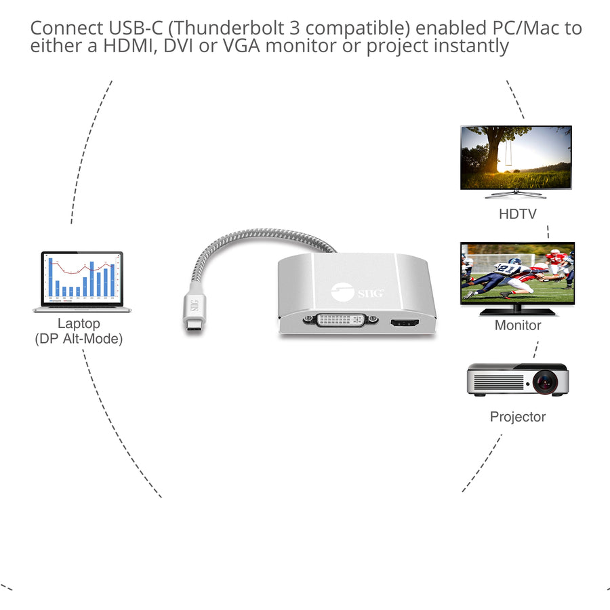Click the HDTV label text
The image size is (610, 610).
[517, 215]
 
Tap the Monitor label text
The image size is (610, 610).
[518, 325]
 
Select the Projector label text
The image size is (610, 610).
[518, 417]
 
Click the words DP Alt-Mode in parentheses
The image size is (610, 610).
[79, 339]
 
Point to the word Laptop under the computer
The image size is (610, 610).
[79, 324]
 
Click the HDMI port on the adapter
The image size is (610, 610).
[405, 321]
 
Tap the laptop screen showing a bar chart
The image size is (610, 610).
[82, 279]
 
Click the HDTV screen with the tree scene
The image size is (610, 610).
[516, 157]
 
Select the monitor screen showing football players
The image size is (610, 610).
[517, 274]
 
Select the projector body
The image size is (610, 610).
[502, 381]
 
